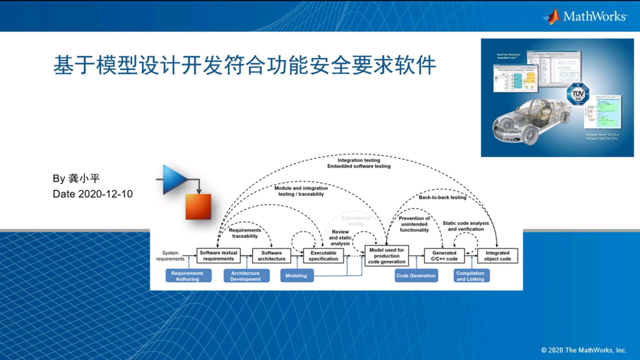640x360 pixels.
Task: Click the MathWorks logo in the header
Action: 586,16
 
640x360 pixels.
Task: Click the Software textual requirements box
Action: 218,256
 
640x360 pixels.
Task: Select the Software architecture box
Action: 271,256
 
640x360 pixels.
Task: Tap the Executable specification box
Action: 323,256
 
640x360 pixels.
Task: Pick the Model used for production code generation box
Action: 387,256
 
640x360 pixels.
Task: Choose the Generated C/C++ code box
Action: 444,256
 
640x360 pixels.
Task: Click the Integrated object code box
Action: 497,256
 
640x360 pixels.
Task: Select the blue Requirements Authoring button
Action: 188,276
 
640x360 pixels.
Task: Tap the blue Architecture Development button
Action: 246,276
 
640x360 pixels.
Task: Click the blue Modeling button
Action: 297,276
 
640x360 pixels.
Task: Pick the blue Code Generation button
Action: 416,276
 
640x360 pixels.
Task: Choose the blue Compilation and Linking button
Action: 471,276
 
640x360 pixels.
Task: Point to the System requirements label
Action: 170,256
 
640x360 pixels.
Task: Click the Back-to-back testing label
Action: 442,197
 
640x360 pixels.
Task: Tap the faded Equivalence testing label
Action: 356,221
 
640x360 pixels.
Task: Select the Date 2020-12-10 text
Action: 93,194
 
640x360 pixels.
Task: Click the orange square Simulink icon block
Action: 198,207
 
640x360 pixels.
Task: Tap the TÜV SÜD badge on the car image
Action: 578,94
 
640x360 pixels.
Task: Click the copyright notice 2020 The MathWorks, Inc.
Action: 584,350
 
